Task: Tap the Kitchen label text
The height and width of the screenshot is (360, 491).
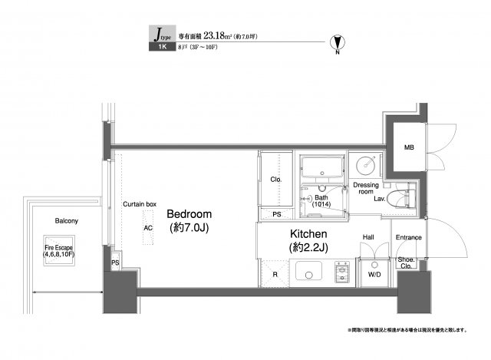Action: click(x=308, y=233)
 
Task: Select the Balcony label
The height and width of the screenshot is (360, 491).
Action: click(x=66, y=221)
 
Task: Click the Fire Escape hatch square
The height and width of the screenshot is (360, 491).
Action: click(x=60, y=254)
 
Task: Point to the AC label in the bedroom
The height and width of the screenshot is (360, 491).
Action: click(x=147, y=228)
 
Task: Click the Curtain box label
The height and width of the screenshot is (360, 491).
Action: click(x=140, y=204)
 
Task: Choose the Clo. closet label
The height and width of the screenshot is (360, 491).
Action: click(x=276, y=180)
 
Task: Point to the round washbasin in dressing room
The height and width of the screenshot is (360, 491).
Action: click(x=367, y=164)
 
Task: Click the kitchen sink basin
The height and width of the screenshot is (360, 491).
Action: click(x=310, y=272)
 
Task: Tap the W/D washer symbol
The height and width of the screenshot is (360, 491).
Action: click(x=375, y=274)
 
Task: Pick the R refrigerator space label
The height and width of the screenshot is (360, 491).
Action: click(x=275, y=273)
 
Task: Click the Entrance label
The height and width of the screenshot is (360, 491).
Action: click(x=409, y=237)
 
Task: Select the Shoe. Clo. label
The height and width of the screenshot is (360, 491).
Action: click(x=407, y=265)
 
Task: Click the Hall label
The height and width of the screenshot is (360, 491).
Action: click(x=368, y=237)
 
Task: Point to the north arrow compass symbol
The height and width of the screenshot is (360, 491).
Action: click(x=335, y=45)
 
